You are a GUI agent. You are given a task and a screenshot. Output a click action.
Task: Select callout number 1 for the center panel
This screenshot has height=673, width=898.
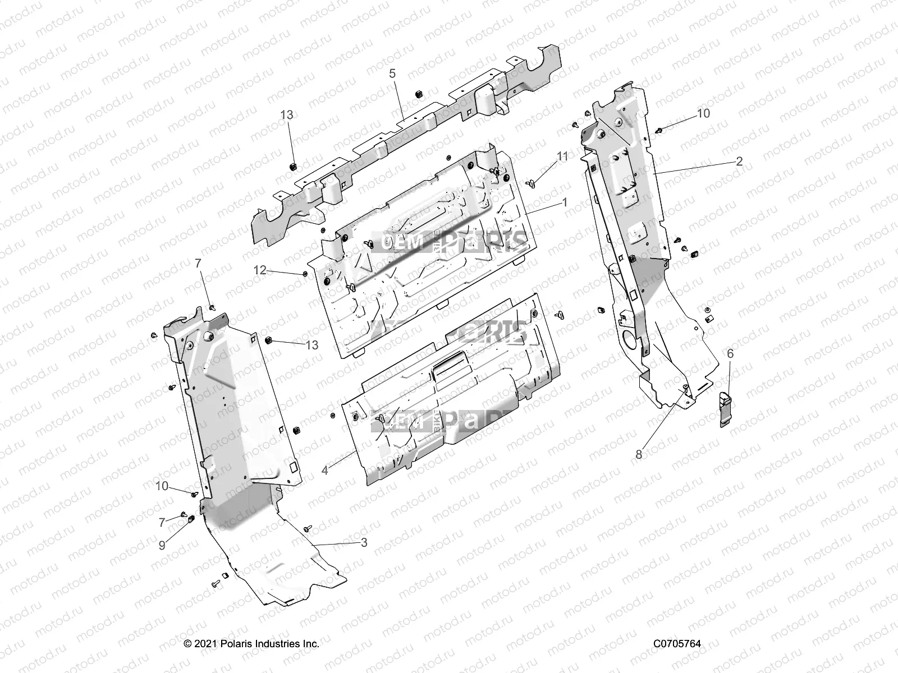click(565, 201)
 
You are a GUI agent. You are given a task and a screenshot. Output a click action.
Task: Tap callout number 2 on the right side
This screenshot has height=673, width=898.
click(739, 162)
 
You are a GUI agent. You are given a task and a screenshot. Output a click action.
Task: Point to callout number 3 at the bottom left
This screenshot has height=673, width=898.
click(364, 542)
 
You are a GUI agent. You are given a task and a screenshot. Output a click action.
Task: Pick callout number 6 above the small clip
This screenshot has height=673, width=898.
click(730, 354)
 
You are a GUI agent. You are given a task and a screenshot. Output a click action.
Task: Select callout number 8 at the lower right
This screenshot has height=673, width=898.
click(639, 455)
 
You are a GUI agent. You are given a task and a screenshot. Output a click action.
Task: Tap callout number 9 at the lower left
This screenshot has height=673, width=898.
click(162, 545)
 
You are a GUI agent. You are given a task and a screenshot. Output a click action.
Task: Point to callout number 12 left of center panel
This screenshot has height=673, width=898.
click(259, 270)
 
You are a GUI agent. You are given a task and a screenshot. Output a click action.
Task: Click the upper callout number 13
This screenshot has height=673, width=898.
click(286, 115)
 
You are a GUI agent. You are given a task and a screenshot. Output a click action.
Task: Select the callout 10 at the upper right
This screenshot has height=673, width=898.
click(703, 113)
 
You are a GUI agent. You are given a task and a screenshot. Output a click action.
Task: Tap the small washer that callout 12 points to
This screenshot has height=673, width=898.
click(304, 274)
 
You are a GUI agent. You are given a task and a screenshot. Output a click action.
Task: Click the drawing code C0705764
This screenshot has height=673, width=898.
click(677, 644)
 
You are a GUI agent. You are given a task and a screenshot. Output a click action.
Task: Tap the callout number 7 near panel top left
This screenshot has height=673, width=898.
click(198, 263)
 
